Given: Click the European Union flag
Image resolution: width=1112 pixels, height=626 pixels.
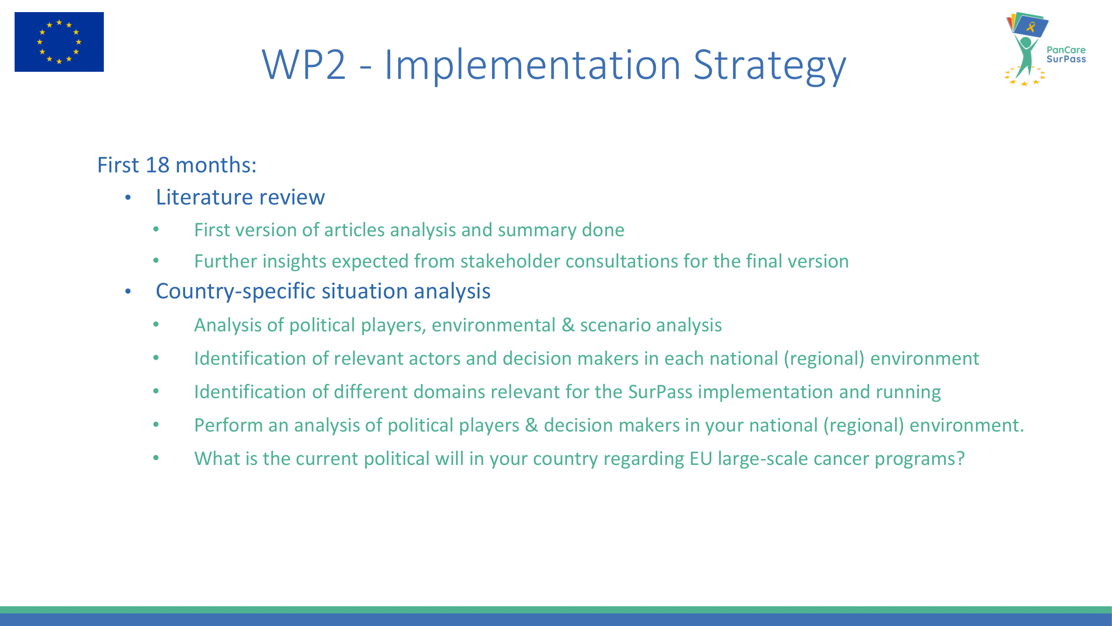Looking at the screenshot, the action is pyautogui.click(x=59, y=42).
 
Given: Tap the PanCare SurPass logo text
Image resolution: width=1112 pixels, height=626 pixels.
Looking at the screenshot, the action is pyautogui.click(x=1066, y=54).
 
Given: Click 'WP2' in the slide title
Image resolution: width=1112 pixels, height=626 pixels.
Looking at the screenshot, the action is pyautogui.click(x=304, y=65).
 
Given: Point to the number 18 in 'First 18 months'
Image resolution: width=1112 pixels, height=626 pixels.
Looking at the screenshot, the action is pyautogui.click(x=158, y=164).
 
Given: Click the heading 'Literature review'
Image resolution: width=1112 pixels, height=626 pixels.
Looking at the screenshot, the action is pyautogui.click(x=241, y=197).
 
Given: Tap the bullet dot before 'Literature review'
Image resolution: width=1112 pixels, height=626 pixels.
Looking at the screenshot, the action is pyautogui.click(x=128, y=198).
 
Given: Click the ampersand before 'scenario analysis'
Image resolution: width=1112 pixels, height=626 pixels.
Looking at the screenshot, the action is pyautogui.click(x=567, y=325).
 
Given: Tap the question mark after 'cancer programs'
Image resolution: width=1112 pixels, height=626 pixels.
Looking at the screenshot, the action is pyautogui.click(x=960, y=458).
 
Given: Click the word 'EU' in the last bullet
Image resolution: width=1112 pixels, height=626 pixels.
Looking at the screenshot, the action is pyautogui.click(x=700, y=458).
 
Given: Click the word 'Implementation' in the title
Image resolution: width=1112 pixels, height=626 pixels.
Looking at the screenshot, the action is pyautogui.click(x=533, y=66).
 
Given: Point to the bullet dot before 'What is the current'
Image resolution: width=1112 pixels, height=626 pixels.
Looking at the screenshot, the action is pyautogui.click(x=156, y=458).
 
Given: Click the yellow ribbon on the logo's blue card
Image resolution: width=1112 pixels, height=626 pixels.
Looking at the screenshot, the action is pyautogui.click(x=1031, y=27).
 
